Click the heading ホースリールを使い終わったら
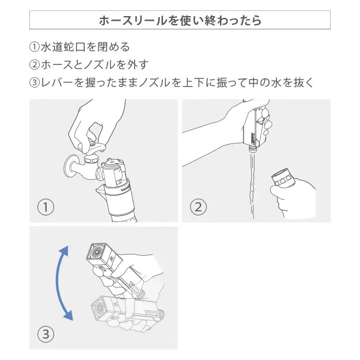click(x=180, y=21)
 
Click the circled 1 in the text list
click(x=34, y=47)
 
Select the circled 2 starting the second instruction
click(x=34, y=65)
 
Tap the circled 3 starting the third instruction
click(x=34, y=82)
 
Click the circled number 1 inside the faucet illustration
click(x=46, y=207)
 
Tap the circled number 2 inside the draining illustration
click(x=198, y=207)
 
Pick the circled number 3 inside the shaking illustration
click(x=46, y=333)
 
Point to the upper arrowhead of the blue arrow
click(x=64, y=250)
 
